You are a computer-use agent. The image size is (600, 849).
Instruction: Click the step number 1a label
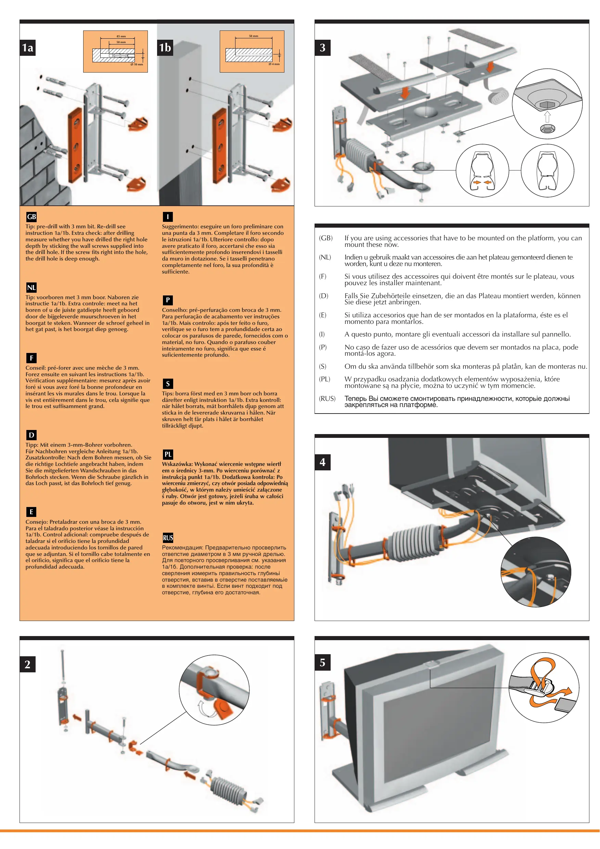[28, 48]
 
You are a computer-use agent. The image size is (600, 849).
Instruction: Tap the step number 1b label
[165, 48]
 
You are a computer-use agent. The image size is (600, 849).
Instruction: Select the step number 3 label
[322, 48]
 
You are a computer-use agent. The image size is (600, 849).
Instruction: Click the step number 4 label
[322, 462]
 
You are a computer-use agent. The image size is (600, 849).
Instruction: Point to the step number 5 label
[322, 662]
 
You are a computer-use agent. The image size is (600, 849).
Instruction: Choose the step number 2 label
[28, 664]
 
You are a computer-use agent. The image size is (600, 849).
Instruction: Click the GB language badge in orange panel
[31, 217]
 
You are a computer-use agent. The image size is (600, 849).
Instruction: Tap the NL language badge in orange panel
[31, 287]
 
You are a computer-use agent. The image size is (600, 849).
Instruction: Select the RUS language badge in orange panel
[168, 538]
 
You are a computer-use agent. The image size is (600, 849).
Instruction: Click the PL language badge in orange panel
[168, 454]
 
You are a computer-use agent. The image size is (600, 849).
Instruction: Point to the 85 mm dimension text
[121, 36]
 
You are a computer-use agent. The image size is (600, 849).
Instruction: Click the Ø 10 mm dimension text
[137, 64]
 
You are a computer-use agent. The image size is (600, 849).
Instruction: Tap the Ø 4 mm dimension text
[274, 64]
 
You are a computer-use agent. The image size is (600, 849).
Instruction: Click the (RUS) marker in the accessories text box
[327, 398]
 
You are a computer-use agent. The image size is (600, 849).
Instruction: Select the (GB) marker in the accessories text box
[326, 238]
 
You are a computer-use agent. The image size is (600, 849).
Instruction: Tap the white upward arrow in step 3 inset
[548, 117]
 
